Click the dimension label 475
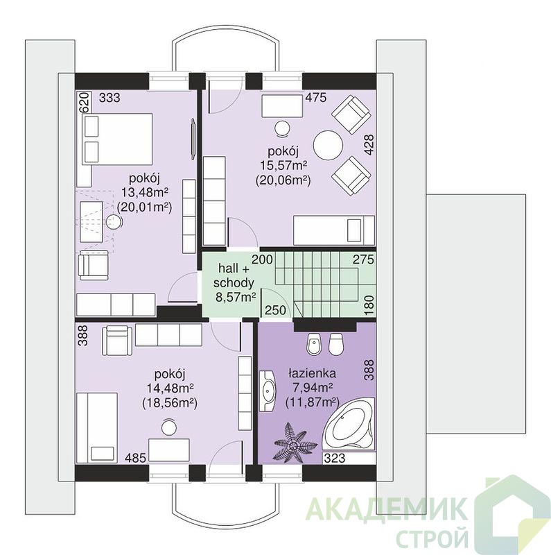tap(316, 98)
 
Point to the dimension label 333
tap(110, 98)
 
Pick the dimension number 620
tap(85, 103)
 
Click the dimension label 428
tap(369, 144)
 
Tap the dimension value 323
tap(335, 458)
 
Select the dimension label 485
tap(135, 458)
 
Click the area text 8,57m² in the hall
tap(236, 297)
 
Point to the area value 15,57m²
tap(283, 165)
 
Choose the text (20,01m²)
tap(144, 207)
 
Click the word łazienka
tap(313, 373)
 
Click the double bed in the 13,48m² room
tap(116, 139)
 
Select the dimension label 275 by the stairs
tap(363, 259)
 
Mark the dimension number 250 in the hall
tap(275, 310)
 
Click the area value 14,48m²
tap(170, 388)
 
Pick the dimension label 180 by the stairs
tap(369, 305)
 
